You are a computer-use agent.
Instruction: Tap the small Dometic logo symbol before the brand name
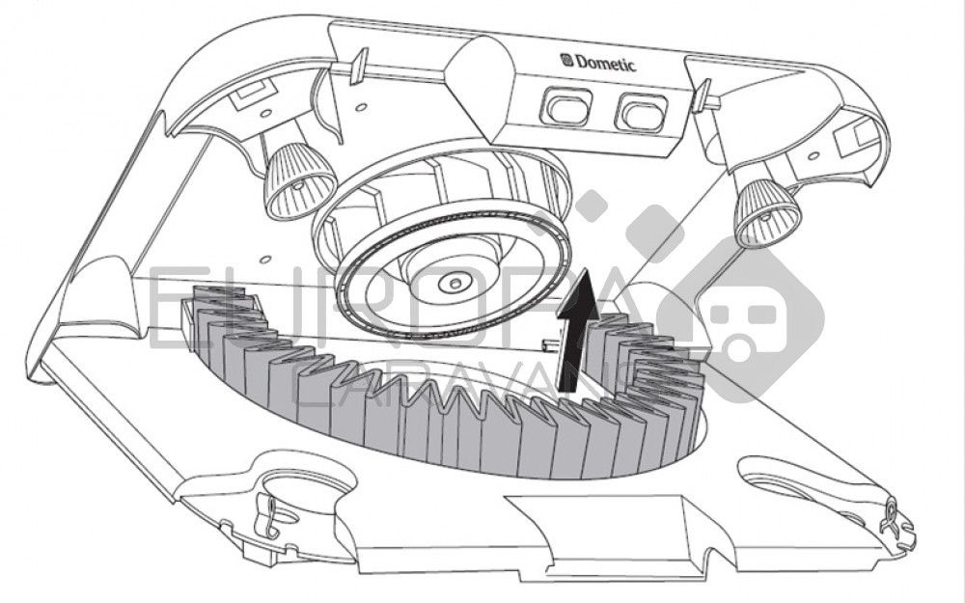coord(567,60)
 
